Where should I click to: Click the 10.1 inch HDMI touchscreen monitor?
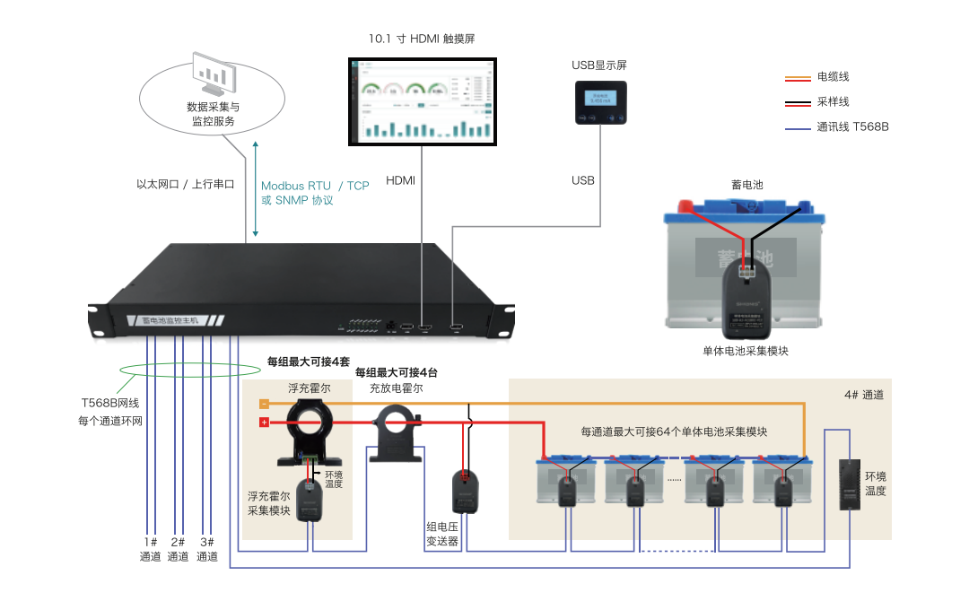[x=421, y=100]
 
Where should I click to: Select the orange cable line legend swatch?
[x=797, y=78]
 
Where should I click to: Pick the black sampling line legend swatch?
[x=797, y=102]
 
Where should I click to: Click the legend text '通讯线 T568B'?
[x=852, y=127]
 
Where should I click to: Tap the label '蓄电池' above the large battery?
[x=746, y=185]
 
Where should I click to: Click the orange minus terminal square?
[x=264, y=404]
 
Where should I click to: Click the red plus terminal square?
[x=264, y=423]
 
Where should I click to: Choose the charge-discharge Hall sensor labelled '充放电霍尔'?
[x=396, y=431]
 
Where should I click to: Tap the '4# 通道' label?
[x=864, y=395]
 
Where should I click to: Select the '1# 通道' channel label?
[x=150, y=549]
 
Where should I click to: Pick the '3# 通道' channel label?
[x=207, y=549]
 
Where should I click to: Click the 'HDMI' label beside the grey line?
[x=401, y=180]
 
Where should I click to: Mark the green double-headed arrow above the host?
[x=255, y=188]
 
